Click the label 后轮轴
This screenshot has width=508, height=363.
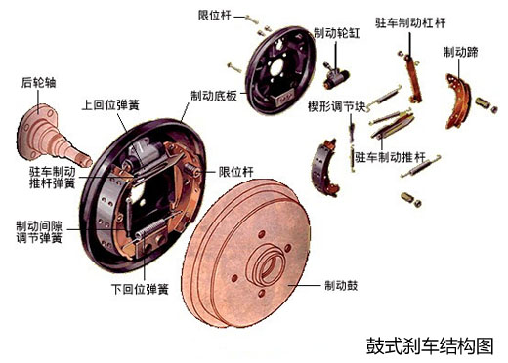coord(39,83)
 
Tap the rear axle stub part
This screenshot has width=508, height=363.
coord(52,136)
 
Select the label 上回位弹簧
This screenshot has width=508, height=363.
coord(110,105)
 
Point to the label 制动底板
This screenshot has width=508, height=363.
coord(214,96)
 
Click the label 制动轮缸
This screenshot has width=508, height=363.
coord(337,33)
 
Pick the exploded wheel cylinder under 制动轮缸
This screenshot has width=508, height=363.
coord(335,75)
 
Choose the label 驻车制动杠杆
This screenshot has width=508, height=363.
coord(410,23)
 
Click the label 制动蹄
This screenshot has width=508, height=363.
coord(460,52)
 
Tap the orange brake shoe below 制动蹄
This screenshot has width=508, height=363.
coord(458,101)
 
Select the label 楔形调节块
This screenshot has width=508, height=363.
coord(337,106)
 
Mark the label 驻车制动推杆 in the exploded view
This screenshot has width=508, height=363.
coord(390,157)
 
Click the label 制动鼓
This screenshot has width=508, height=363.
coord(341,286)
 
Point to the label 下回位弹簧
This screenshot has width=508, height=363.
coord(140,289)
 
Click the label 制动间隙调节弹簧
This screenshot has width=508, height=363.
coord(39,232)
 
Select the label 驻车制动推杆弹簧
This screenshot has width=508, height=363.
coord(53,178)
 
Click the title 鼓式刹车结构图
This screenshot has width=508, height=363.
coord(430,345)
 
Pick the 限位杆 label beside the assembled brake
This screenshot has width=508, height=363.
coord(235,172)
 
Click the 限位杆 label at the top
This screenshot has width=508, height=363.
coord(215,15)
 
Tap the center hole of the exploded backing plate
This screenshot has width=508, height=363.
coord(277,67)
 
